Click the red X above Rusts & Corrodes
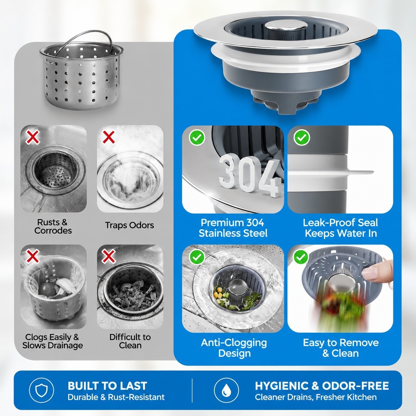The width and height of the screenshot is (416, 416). pos(33,137)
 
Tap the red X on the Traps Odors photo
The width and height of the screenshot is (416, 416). pos(108,137)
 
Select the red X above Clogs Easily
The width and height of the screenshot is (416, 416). pos(33,256)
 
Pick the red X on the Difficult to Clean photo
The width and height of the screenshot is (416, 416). pos(108,256)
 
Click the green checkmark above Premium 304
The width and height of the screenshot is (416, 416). pos(197,137)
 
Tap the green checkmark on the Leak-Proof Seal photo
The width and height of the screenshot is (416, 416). pos(302,137)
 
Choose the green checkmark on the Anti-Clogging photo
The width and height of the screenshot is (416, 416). pos(197,257)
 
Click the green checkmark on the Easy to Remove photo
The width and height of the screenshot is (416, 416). pos(301,257)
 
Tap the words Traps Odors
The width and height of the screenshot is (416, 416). pos(129,225)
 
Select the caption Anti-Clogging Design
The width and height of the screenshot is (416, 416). pos(234,348)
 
